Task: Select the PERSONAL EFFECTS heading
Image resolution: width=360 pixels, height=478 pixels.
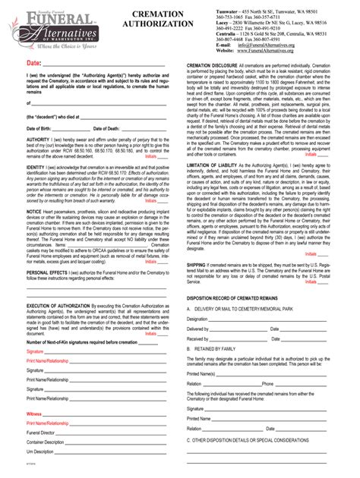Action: [47, 271]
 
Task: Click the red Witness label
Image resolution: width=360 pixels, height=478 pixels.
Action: [34, 413]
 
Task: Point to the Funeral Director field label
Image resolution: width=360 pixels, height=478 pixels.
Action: [41, 432]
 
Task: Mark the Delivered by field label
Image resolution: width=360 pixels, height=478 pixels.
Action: [197, 329]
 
